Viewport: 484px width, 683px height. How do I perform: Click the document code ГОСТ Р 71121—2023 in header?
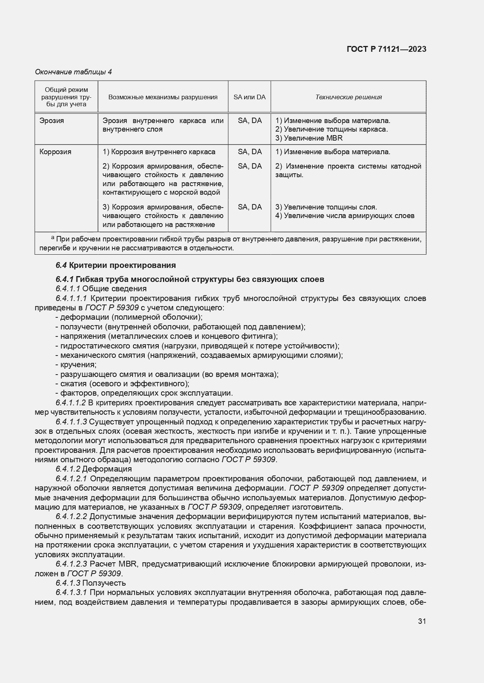pyautogui.click(x=386, y=49)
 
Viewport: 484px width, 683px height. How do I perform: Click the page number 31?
pyautogui.click(x=422, y=621)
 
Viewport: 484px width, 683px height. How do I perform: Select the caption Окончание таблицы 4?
pyautogui.click(x=73, y=72)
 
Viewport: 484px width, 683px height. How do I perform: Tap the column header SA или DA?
pyautogui.click(x=249, y=97)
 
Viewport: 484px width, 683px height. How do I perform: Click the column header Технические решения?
pyautogui.click(x=348, y=97)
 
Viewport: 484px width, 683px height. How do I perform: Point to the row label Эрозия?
pyautogui.click(x=51, y=121)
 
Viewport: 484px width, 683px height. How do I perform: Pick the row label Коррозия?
pyautogui.click(x=55, y=152)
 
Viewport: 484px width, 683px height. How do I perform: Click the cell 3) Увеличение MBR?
pyautogui.click(x=309, y=138)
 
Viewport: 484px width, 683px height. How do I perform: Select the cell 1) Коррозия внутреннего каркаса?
pyautogui.click(x=159, y=152)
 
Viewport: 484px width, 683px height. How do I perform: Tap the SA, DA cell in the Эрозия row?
pyautogui.click(x=250, y=121)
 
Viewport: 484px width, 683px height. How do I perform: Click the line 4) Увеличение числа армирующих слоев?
pyautogui.click(x=345, y=216)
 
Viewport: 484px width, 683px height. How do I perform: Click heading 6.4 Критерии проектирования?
pyautogui.click(x=115, y=265)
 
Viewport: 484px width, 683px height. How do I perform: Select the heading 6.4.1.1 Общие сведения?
pyautogui.click(x=101, y=289)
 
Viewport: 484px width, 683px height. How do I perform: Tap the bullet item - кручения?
pyautogui.click(x=76, y=364)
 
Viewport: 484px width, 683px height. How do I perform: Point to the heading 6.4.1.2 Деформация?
pyautogui.click(x=94, y=469)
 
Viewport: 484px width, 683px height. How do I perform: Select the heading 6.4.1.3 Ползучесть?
pyautogui.click(x=90, y=583)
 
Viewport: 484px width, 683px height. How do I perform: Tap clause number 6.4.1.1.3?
pyautogui.click(x=71, y=422)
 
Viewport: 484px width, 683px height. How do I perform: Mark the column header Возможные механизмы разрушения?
pyautogui.click(x=163, y=97)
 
